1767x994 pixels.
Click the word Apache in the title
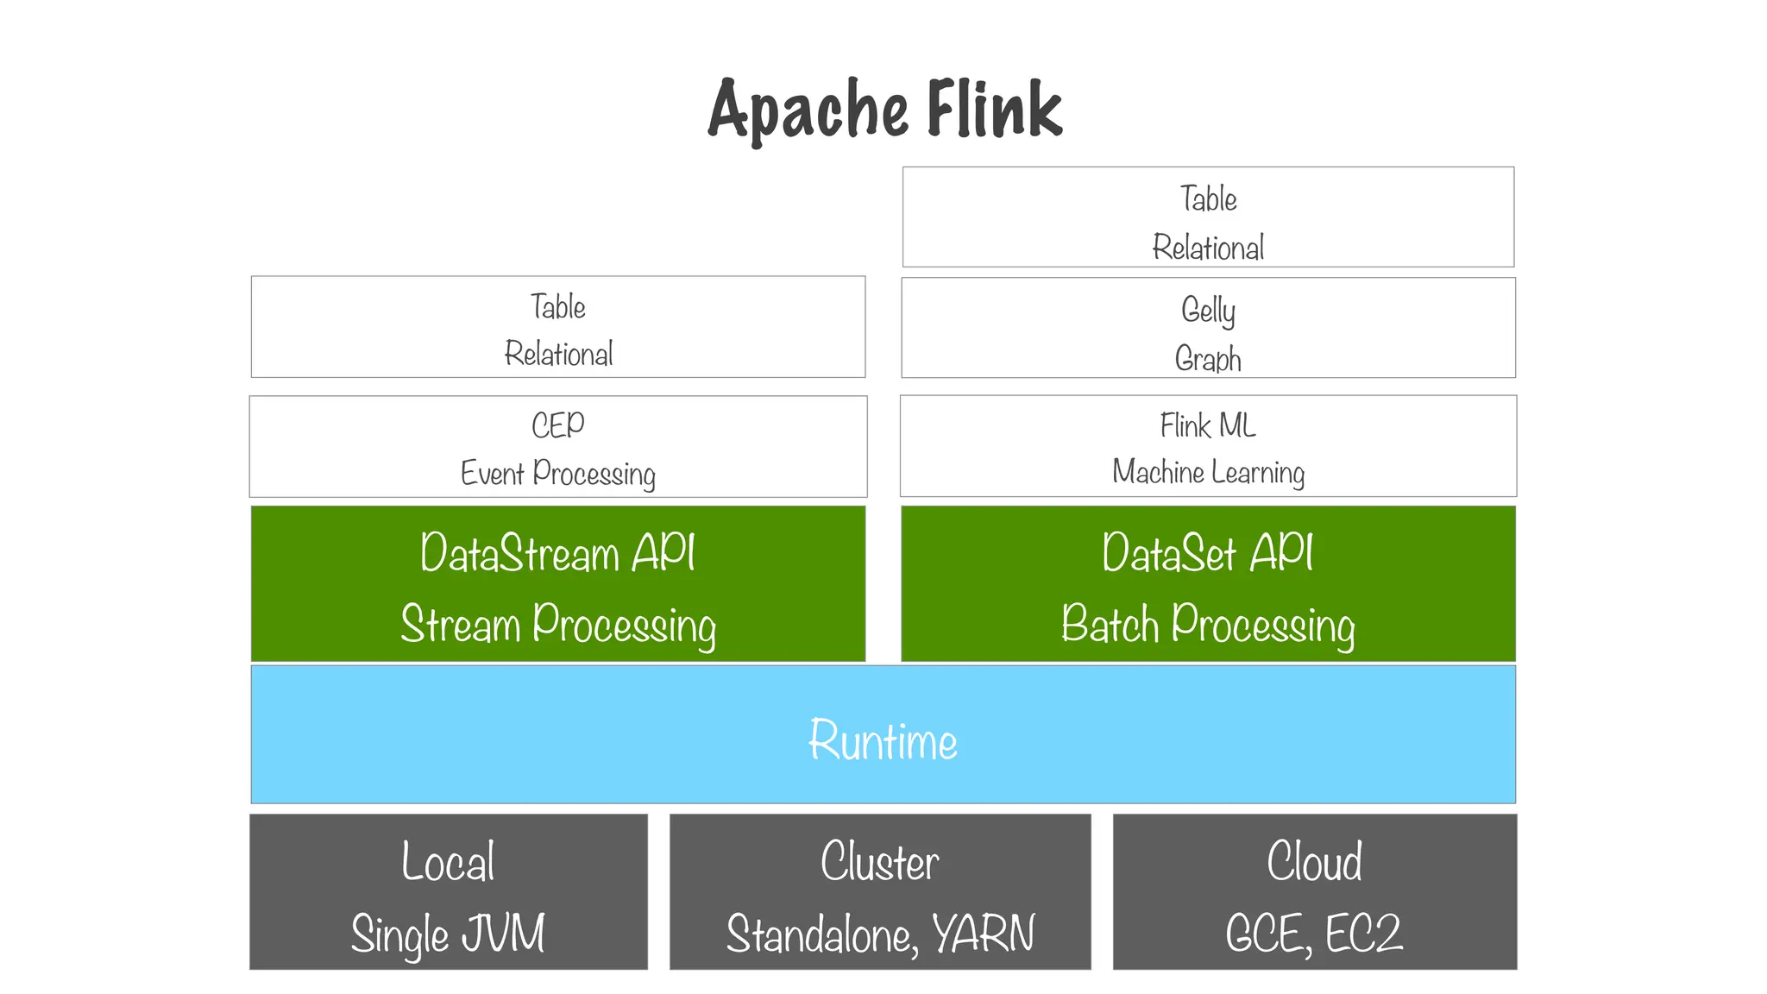coord(808,110)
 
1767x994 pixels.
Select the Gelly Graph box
coord(1208,328)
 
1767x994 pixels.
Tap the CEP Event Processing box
coord(557,447)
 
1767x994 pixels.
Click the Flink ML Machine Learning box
coord(1208,447)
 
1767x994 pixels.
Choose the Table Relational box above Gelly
coord(1208,217)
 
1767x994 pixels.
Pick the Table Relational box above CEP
coord(557,327)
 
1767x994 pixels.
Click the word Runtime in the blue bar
coord(883,740)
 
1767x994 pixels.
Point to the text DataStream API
coord(557,553)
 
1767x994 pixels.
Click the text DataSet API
coord(1208,553)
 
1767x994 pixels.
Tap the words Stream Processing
coord(558,625)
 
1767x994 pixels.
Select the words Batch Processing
coord(1208,625)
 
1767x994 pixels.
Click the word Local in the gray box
coord(448,861)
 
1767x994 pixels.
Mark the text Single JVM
coord(448,934)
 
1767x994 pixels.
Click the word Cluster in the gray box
coord(879,861)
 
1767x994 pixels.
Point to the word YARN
coord(983,934)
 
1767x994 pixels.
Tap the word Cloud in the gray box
coord(1314,861)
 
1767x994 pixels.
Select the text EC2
coord(1363,934)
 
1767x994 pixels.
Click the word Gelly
coord(1208,310)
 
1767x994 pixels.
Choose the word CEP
coord(557,425)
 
